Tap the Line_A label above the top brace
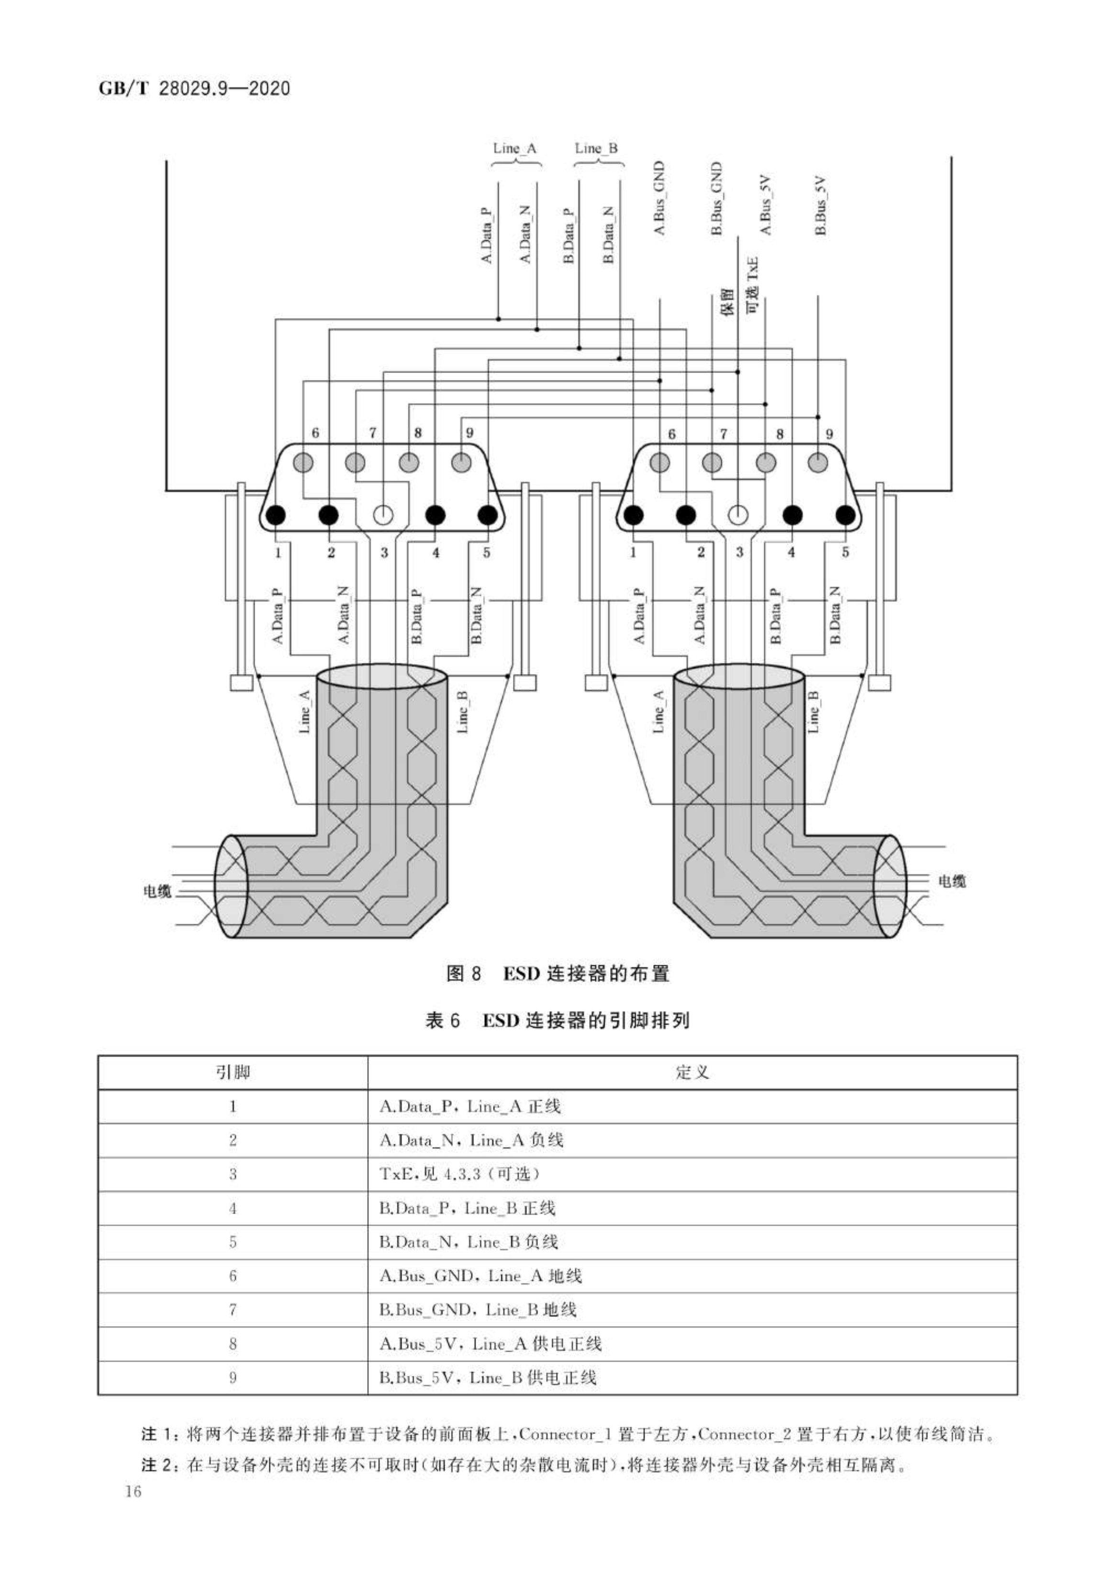click(515, 148)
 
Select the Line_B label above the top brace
click(597, 148)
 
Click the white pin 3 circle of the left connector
click(383, 514)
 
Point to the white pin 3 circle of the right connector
click(737, 514)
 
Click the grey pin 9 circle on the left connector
click(461, 462)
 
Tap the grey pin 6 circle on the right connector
click(660, 462)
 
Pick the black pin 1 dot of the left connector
click(276, 514)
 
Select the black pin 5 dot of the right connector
click(846, 514)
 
